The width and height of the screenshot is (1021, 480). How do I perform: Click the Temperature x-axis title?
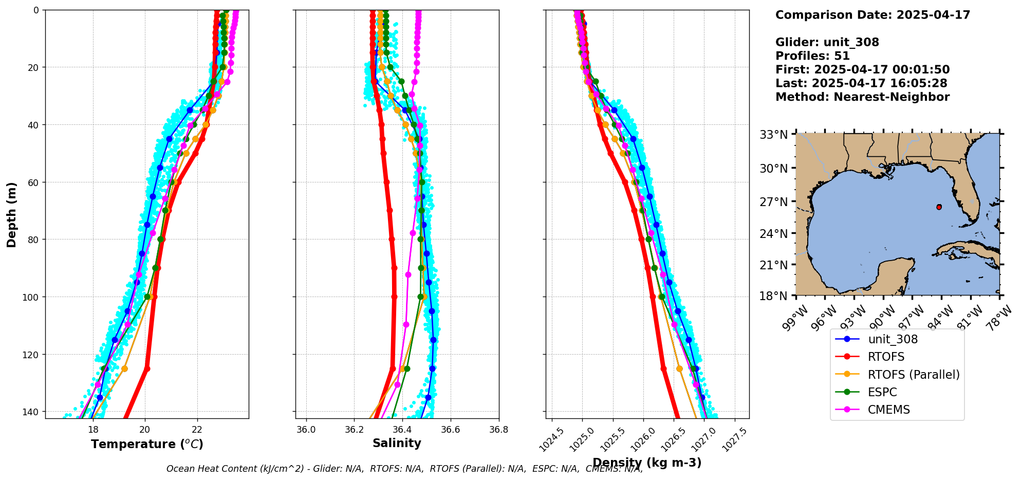tap(147, 444)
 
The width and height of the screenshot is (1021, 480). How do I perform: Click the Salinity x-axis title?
tap(397, 443)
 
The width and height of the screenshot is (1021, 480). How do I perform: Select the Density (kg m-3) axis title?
tap(647, 463)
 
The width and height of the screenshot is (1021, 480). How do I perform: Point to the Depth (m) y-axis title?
tap(11, 214)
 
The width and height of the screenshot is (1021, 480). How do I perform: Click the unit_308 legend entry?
tap(893, 339)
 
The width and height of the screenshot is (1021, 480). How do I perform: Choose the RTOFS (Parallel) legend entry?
tap(914, 375)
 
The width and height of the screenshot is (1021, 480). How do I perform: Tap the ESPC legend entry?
tap(882, 392)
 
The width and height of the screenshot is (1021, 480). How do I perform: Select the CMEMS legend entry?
tap(889, 410)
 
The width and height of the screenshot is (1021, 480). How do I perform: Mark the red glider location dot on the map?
tap(939, 207)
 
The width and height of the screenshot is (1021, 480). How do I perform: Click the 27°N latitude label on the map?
tap(774, 201)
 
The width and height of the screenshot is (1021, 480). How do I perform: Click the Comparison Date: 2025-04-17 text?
tap(873, 15)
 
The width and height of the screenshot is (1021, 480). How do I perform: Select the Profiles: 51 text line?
tap(812, 56)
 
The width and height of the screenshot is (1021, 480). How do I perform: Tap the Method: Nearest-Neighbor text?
tap(862, 97)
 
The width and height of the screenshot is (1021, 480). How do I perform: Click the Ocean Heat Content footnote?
tap(404, 469)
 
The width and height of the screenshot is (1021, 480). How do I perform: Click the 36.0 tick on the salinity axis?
tap(306, 430)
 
